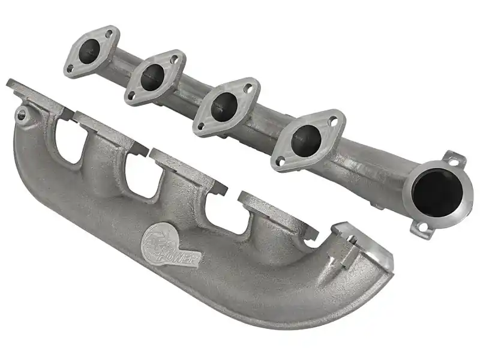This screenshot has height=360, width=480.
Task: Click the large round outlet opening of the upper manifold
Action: [x=437, y=193]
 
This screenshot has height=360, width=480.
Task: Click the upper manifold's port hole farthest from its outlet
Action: [x=89, y=51]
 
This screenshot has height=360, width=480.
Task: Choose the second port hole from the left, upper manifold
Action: [x=152, y=77]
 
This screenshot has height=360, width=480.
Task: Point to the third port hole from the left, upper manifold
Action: [x=224, y=106]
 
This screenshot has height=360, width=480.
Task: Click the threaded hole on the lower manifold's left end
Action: [x=22, y=115]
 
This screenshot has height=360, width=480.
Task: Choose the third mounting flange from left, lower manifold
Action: [x=188, y=171]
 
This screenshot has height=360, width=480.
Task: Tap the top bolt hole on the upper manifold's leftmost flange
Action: [x=109, y=34]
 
